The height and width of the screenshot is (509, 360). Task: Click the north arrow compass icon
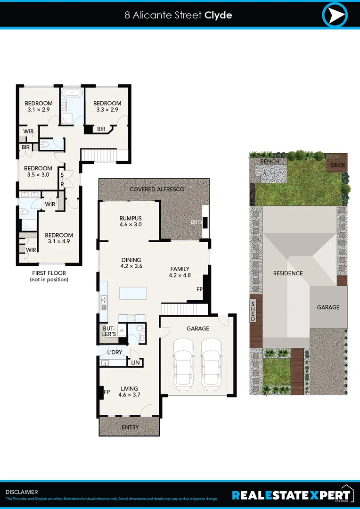point(335,15)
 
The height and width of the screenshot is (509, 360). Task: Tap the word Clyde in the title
point(218,15)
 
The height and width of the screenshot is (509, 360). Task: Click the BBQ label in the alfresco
point(196,222)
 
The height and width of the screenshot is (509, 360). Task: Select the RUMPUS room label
point(131,218)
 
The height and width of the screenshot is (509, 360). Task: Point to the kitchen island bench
point(133,293)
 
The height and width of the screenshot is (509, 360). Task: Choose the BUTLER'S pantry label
point(109,331)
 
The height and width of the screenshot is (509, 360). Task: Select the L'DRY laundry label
point(115,353)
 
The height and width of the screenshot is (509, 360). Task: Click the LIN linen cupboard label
point(136,362)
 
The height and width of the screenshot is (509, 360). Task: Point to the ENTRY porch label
point(130,427)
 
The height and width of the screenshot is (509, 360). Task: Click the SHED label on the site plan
point(253,312)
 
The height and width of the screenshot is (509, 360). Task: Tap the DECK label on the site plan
point(337,165)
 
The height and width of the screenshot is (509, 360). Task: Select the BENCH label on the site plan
point(270,161)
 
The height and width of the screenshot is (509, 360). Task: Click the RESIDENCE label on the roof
point(288,273)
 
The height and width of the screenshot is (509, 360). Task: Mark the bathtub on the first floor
point(72,92)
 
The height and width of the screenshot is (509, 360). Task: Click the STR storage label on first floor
point(62,179)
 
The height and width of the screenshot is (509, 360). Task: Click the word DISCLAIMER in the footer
point(22,492)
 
